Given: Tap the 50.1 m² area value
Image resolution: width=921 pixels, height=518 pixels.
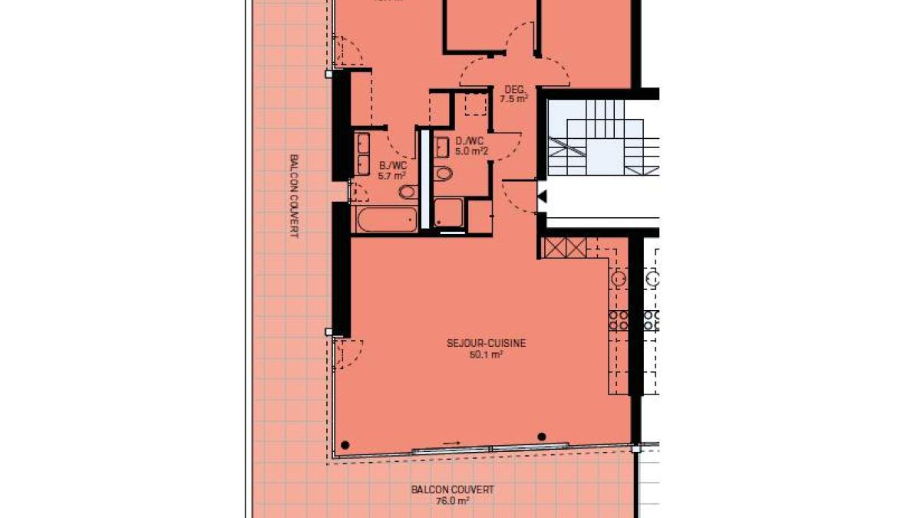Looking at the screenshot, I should pos(486,355).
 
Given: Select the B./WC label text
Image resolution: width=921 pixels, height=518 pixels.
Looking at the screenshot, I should pos(393,165).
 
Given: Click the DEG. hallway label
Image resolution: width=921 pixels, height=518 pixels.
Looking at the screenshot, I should pos(513,88).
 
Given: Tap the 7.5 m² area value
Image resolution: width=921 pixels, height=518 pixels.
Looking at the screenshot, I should pos(513,99).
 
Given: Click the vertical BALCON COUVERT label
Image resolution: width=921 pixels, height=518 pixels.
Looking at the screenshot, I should pos(294,196).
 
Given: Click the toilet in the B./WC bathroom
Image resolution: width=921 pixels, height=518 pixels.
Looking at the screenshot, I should pos(408,191).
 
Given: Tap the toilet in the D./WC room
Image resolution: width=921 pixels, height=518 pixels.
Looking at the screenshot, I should pos(444,173).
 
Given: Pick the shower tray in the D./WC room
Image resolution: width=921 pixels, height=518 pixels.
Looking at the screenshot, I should pos(448,213).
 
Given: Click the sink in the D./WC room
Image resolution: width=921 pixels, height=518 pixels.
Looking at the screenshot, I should pos(442,147).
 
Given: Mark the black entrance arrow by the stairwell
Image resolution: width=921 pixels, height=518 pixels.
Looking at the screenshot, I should pos(542,197).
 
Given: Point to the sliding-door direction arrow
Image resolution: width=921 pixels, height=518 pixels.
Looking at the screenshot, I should pos(452,443).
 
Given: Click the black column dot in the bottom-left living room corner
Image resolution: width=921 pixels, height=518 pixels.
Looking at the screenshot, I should pos(345,444).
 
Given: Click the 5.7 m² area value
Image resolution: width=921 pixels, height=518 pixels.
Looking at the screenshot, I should pos(393,176).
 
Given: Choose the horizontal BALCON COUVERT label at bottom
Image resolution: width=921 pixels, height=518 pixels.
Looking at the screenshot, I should pos(452,490).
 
